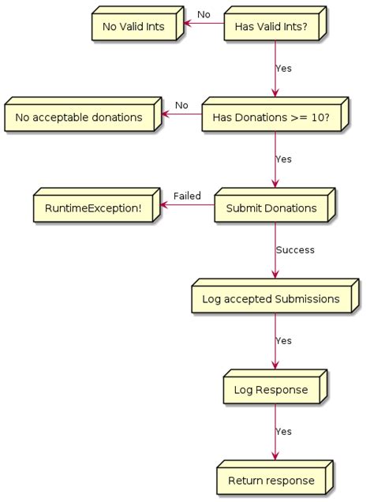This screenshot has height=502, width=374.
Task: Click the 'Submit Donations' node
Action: click(271, 209)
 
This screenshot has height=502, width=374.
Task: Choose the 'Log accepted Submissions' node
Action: click(271, 300)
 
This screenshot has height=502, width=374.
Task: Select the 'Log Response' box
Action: click(271, 391)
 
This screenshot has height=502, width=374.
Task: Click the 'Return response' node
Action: click(271, 481)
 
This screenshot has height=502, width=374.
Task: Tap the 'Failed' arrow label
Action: click(187, 197)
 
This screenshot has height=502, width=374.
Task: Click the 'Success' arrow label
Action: click(295, 250)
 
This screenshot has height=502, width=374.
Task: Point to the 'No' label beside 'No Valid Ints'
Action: click(204, 15)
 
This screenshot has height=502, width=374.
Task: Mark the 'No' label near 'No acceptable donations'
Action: click(181, 106)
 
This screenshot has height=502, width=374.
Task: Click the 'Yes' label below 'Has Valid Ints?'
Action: click(283, 69)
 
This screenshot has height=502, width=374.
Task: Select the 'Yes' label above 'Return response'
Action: click(283, 432)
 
